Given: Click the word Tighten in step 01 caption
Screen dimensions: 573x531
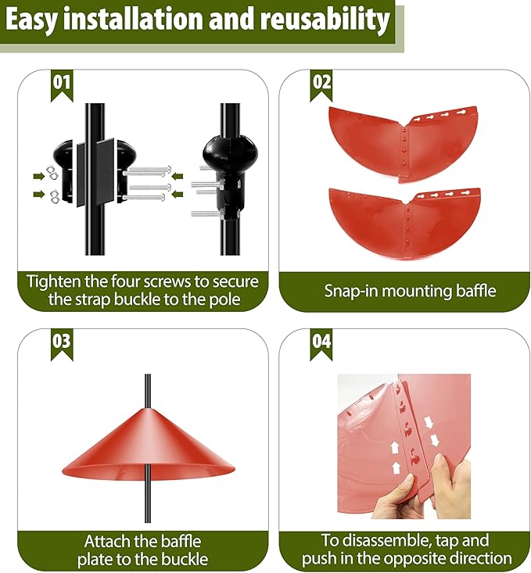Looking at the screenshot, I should click(54, 281).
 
